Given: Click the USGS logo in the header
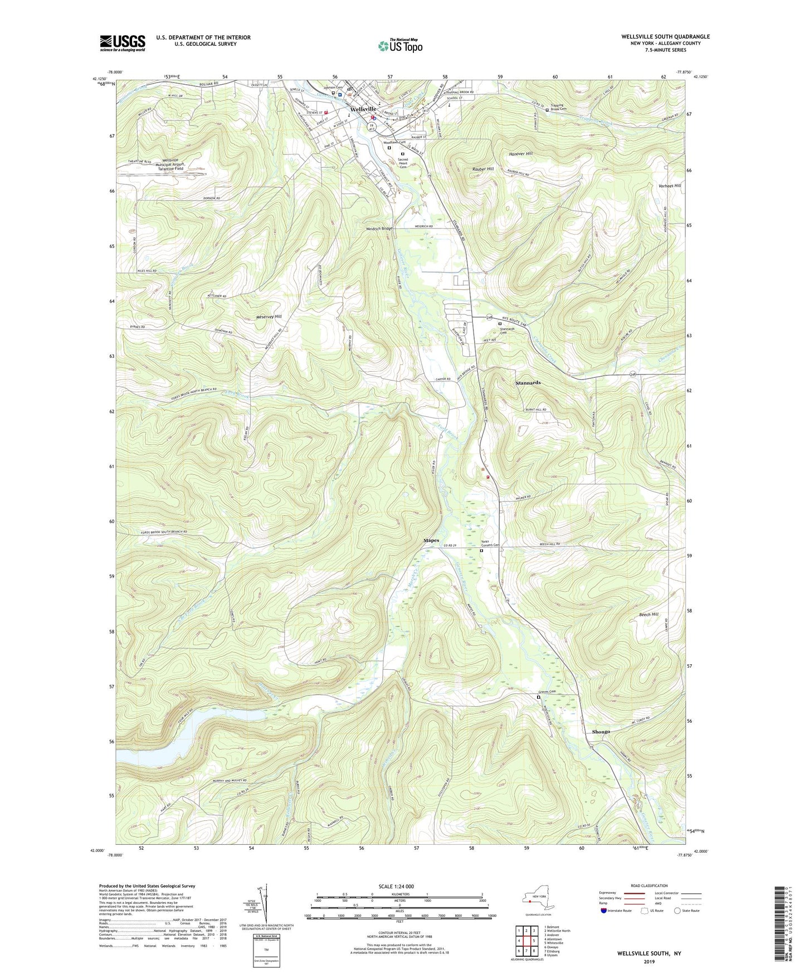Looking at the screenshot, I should click(x=123, y=43).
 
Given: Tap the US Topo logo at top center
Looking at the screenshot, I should click(x=400, y=46).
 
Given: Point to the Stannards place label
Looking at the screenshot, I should click(x=528, y=383).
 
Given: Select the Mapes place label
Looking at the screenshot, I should click(x=431, y=541).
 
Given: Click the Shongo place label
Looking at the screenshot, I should click(x=601, y=732).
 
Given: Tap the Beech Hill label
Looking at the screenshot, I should click(x=648, y=614).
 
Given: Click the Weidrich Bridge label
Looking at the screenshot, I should click(x=379, y=228).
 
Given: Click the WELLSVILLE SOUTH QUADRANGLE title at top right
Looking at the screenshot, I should click(x=665, y=37).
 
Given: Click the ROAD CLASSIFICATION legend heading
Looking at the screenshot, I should click(x=649, y=886).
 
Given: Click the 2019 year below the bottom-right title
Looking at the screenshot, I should click(x=649, y=961).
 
